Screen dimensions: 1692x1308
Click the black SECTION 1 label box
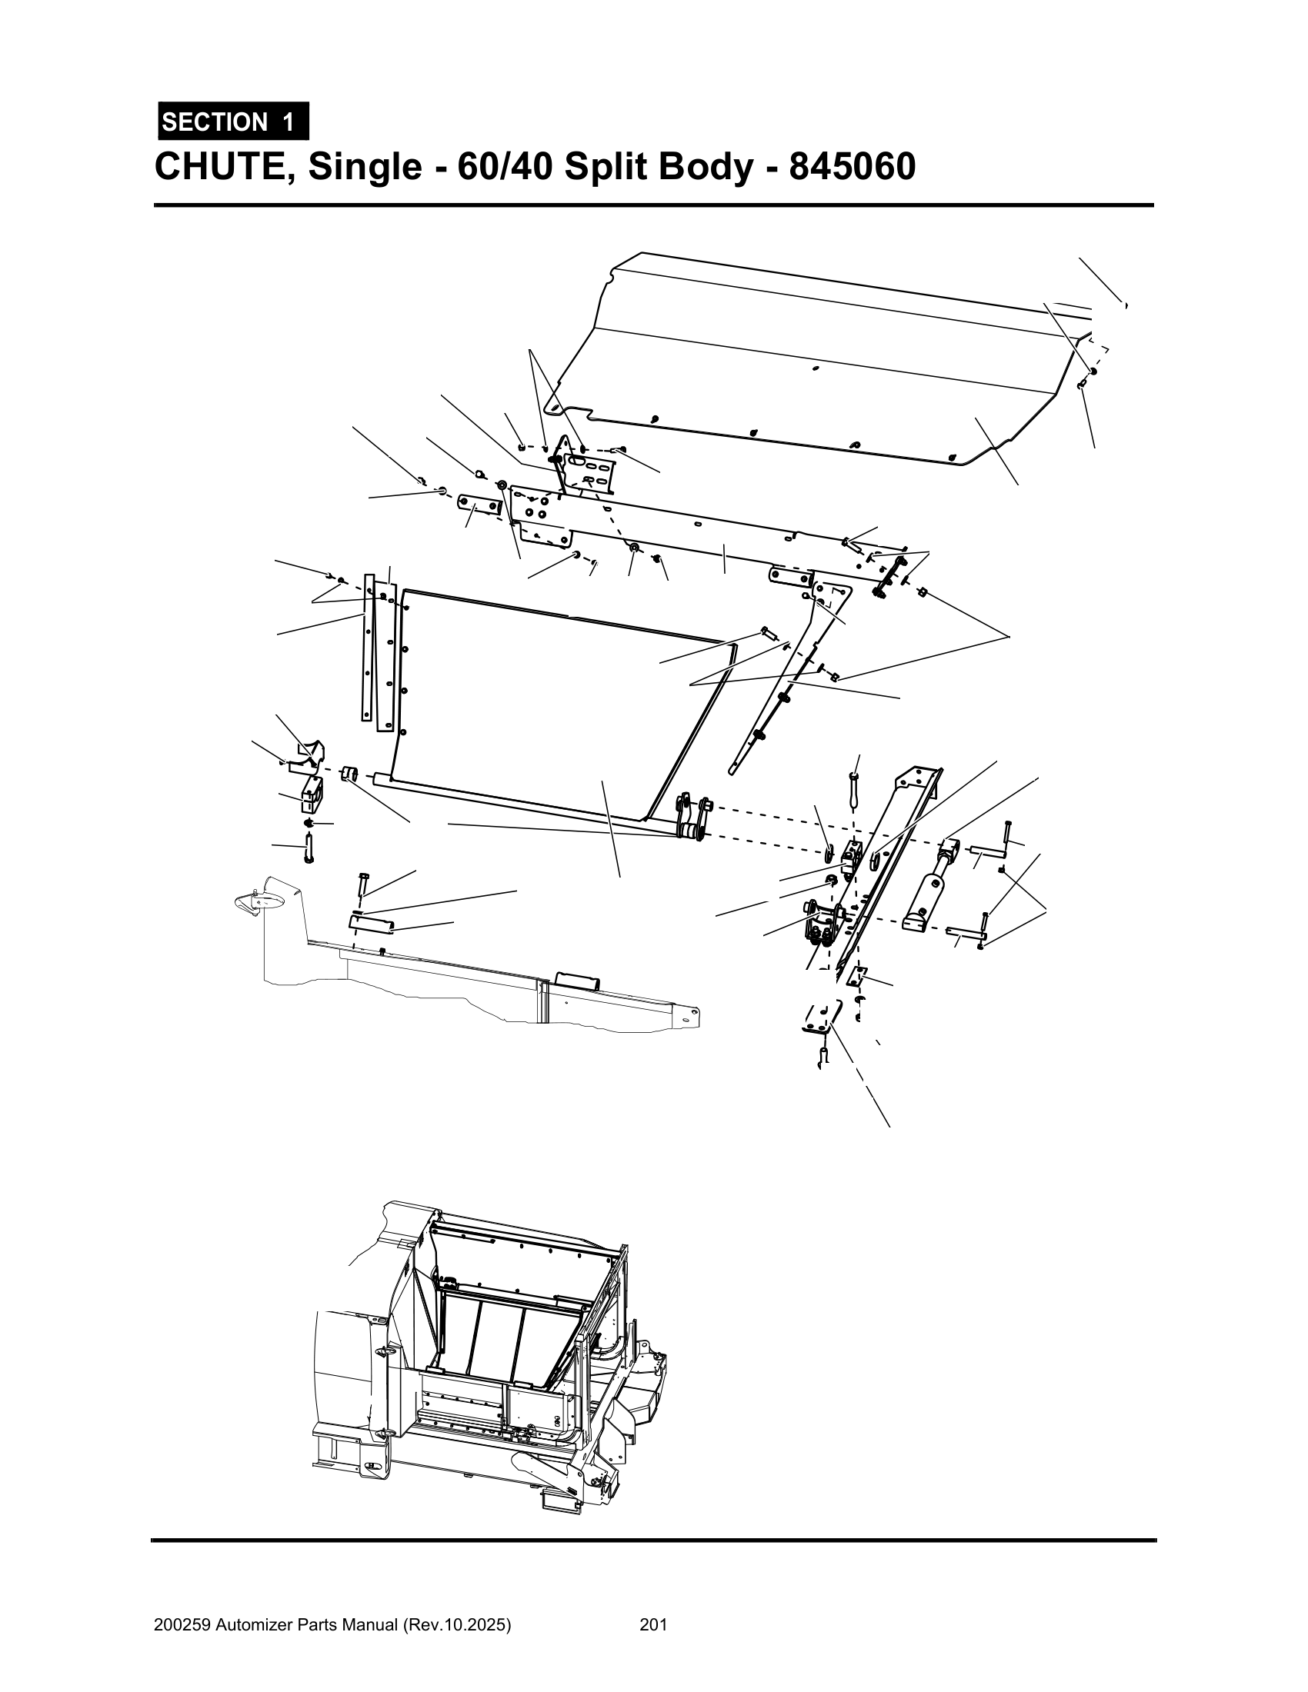(232, 122)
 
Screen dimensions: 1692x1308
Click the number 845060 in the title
(852, 167)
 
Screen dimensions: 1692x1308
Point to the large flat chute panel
(542, 698)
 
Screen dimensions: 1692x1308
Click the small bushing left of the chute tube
(349, 774)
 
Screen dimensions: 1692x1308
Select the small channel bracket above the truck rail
(371, 923)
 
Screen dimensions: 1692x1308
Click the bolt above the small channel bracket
(363, 884)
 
